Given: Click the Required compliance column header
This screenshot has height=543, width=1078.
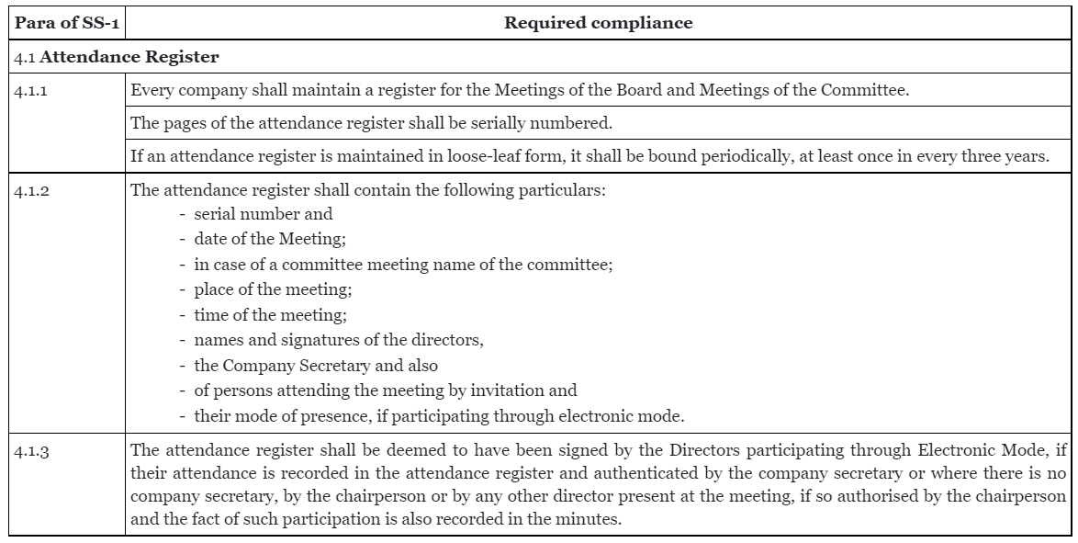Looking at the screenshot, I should click(598, 24).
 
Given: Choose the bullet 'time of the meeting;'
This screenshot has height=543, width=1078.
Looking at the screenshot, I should click(262, 315).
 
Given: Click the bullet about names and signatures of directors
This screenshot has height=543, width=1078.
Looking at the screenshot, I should click(338, 341).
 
